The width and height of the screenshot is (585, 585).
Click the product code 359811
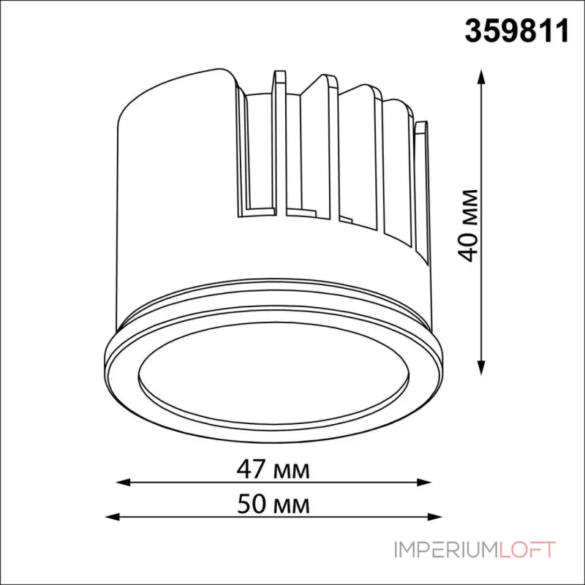517,31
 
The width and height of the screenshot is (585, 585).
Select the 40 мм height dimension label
468,226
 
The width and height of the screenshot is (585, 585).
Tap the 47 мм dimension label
273,469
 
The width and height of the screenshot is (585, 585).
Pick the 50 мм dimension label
273,504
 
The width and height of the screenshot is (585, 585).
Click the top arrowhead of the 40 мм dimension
481,77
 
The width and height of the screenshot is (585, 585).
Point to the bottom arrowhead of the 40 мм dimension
481,368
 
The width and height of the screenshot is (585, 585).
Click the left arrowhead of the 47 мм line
124,482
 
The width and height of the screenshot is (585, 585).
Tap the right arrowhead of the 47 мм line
424,482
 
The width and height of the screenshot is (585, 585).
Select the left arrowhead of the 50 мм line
113,517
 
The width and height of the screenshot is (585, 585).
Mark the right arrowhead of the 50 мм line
434,517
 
